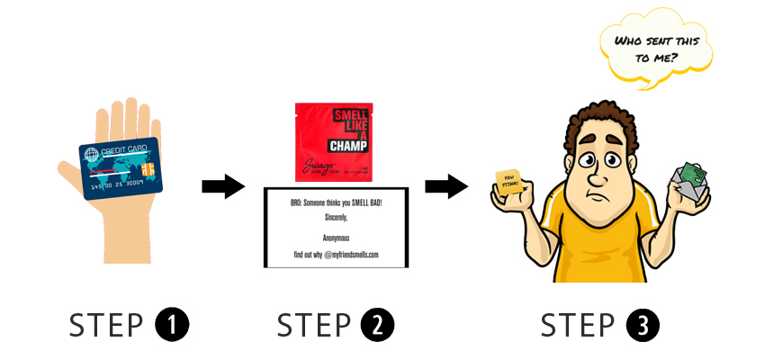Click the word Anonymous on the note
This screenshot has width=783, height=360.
coord(336,238)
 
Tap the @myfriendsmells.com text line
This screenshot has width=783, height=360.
coord(336,255)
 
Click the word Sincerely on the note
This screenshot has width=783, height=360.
coord(336,217)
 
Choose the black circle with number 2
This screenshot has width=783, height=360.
coord(379,325)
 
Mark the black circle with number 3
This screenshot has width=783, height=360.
coord(644,325)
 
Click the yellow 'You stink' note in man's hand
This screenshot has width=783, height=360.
coord(510,181)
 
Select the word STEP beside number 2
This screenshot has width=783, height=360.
coord(315,325)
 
